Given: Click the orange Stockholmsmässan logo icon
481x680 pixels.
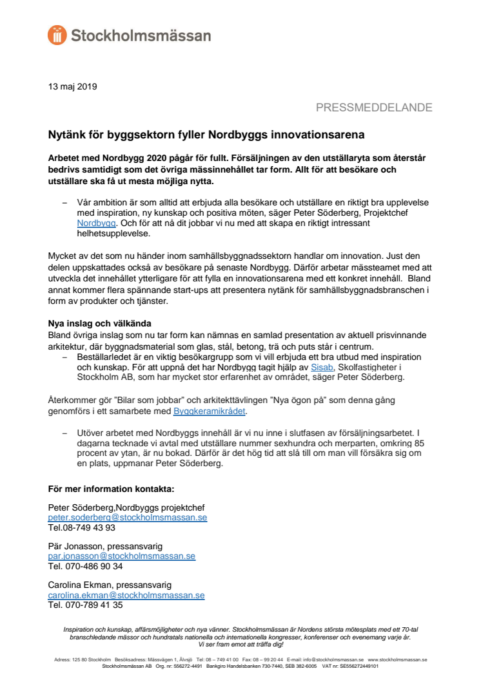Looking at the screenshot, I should point(57,35).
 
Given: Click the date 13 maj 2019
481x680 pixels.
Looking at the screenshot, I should point(73,86).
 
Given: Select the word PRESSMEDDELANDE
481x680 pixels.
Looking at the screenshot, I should point(374,108).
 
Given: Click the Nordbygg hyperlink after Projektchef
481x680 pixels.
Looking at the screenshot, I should point(96,223).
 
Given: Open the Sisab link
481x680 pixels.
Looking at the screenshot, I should point(322,367).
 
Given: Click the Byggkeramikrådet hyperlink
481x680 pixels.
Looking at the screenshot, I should point(210,410).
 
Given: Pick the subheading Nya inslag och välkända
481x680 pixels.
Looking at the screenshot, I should point(99,323).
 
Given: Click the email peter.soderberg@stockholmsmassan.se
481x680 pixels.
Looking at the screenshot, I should point(128,518).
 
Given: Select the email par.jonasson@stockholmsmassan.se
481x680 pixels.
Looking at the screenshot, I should point(122,556).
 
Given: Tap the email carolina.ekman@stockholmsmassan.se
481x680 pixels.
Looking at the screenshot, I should point(126,595).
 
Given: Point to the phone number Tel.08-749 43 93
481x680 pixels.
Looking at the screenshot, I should point(82,527).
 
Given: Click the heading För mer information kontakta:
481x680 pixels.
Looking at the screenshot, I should point(112,489).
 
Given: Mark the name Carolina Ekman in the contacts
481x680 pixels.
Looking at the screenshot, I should point(77,585).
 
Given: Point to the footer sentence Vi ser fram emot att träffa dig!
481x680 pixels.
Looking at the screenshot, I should point(240,644).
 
